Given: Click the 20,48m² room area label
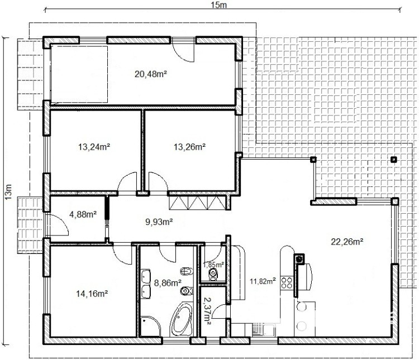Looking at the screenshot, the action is [x=151, y=74].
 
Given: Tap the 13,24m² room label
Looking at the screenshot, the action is [x=94, y=147].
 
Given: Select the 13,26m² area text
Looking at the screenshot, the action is [x=190, y=147].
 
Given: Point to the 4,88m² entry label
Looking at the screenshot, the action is [x=83, y=214].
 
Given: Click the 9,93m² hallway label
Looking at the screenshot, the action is [x=159, y=222].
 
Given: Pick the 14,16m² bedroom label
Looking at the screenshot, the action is [x=92, y=294].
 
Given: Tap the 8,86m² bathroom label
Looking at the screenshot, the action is [x=168, y=282].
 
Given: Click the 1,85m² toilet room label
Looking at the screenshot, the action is [x=213, y=265].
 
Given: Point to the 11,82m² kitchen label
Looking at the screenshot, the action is [x=263, y=281].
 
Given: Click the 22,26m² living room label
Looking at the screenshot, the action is [x=347, y=242].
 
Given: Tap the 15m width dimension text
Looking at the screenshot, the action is [x=218, y=5].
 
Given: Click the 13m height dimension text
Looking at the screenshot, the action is [x=8, y=192].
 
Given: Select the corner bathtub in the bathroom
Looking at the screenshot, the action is [x=182, y=319].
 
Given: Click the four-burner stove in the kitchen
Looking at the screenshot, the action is [x=287, y=282].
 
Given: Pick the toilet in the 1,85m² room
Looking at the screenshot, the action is [x=212, y=273].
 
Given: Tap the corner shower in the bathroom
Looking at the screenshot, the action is [x=150, y=327].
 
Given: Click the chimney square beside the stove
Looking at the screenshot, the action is [x=299, y=258].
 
